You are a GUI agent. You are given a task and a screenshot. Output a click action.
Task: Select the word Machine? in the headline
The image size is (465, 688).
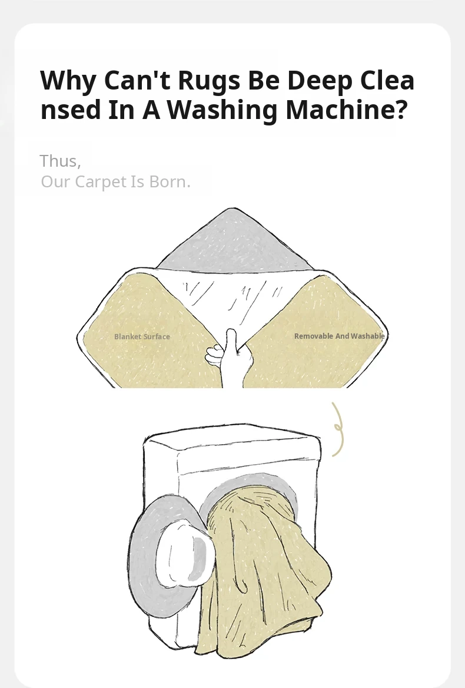(x=346, y=109)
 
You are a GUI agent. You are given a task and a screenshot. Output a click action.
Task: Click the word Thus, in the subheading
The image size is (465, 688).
(x=61, y=161)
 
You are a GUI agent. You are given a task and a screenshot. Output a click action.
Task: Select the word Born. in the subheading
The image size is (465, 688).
(x=170, y=181)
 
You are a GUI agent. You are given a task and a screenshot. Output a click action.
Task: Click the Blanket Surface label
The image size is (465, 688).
(x=142, y=336)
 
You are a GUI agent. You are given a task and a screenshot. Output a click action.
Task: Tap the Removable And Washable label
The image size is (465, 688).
(x=340, y=336)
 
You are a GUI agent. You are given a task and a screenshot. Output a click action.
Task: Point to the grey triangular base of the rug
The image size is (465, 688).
(x=233, y=242)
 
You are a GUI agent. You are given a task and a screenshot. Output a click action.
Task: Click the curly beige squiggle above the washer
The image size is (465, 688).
(x=337, y=429)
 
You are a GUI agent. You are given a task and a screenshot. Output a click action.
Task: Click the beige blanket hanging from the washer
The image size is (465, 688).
(x=263, y=570)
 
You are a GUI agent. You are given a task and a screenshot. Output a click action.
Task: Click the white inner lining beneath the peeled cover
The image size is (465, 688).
(x=232, y=299)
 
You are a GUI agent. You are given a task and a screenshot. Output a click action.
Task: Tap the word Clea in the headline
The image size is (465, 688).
(x=387, y=81)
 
